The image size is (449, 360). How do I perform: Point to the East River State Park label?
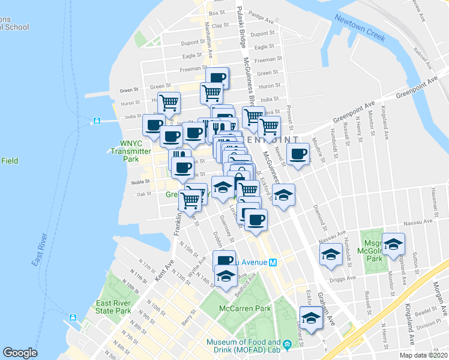113,307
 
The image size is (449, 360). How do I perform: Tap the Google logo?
20,353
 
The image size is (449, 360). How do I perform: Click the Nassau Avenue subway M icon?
272,262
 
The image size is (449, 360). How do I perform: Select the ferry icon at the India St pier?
96,121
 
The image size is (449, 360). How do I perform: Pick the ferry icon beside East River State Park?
73,317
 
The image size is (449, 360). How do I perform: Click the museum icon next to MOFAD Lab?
287,344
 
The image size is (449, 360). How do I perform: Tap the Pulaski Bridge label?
241,30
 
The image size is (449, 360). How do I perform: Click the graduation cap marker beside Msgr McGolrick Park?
393,244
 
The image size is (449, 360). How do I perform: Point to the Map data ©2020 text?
423,355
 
